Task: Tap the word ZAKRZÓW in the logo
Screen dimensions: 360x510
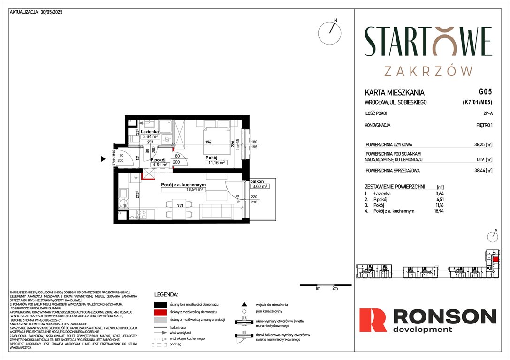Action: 428,71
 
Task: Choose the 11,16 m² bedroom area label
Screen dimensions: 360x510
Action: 217,163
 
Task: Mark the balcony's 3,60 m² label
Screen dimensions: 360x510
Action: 259,186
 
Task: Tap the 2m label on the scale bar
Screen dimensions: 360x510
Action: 335,289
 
